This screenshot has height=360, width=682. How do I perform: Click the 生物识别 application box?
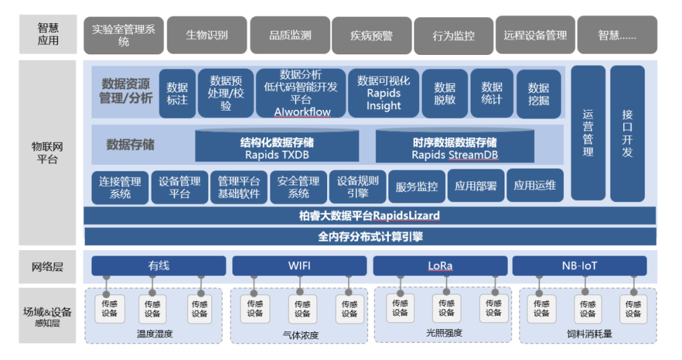[x=207, y=35]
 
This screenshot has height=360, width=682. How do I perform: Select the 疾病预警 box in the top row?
[x=371, y=36]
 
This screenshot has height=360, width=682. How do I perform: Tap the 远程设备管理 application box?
[x=535, y=35]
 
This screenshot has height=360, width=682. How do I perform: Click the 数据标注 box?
[x=177, y=93]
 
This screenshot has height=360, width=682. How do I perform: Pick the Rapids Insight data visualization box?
[x=383, y=93]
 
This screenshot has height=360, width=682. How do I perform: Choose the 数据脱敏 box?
[x=445, y=93]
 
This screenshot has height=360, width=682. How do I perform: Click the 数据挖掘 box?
[x=539, y=93]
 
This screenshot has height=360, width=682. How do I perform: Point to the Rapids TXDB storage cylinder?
[x=277, y=147]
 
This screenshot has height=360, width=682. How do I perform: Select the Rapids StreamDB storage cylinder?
[x=455, y=147]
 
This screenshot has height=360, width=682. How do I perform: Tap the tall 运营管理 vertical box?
[x=588, y=133]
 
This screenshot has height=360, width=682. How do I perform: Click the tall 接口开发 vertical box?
[x=627, y=133]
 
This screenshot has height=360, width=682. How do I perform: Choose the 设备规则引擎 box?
[x=357, y=187]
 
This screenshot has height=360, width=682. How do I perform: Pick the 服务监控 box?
[x=417, y=186]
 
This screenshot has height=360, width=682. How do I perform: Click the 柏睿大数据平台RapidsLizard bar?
[x=369, y=216]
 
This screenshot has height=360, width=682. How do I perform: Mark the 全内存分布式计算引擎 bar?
[x=369, y=237]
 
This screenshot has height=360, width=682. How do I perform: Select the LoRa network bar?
[x=440, y=266]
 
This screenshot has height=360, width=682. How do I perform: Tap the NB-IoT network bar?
[x=579, y=266]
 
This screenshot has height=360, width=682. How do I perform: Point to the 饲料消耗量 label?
[x=589, y=333]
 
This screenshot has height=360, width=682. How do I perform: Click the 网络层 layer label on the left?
[x=48, y=267]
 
